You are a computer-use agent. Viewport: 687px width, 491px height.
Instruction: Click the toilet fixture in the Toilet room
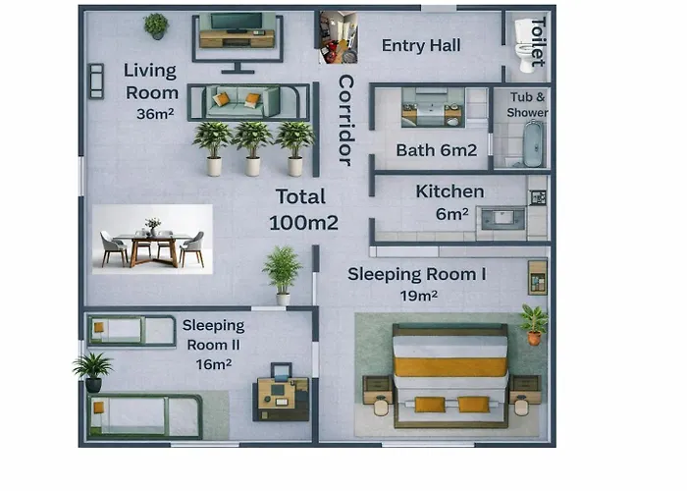tap(525, 45)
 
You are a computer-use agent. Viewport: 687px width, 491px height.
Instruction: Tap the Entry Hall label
tap(421, 45)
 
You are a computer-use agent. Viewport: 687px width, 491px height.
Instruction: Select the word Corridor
tap(345, 121)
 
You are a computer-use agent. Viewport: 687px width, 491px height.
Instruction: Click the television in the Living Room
tap(237, 22)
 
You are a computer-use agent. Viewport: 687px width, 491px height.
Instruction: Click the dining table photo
tap(152, 240)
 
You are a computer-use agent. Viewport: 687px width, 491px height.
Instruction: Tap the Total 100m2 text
tap(303, 209)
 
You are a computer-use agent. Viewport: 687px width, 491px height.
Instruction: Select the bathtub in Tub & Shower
tap(533, 143)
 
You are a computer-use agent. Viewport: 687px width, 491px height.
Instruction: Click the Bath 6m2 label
tap(437, 150)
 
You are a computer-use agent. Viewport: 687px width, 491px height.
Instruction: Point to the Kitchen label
tap(449, 191)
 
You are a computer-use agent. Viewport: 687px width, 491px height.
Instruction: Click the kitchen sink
tap(502, 218)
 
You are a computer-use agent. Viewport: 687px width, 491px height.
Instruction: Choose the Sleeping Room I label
tap(417, 274)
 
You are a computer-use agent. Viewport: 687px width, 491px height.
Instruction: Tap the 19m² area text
tap(418, 296)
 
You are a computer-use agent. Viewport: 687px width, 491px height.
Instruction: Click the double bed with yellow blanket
tap(450, 375)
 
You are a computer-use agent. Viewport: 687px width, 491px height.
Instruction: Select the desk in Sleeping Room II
tap(282, 398)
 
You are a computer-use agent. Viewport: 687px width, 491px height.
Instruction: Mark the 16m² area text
tap(214, 364)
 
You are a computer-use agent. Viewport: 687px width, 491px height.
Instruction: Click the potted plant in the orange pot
tap(534, 325)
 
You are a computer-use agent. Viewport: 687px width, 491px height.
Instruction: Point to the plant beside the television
tap(156, 27)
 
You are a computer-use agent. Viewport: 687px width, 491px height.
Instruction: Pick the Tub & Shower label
tap(528, 105)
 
